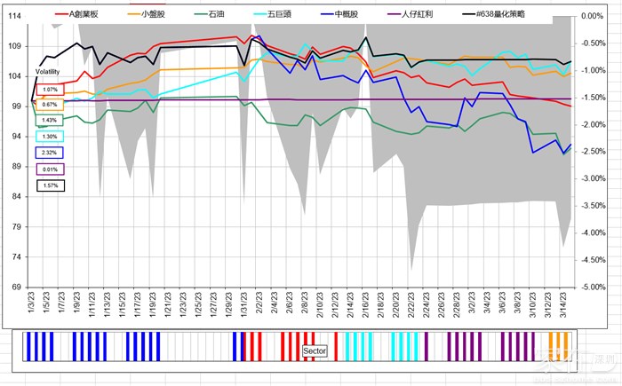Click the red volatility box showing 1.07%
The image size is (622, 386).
[x=50, y=90]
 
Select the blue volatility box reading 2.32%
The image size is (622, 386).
[x=50, y=153]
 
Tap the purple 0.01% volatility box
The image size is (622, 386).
[x=50, y=169]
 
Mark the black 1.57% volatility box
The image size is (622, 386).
[x=50, y=185]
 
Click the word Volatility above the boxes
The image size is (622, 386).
[x=48, y=69]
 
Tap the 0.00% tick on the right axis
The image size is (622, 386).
[x=591, y=16]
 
